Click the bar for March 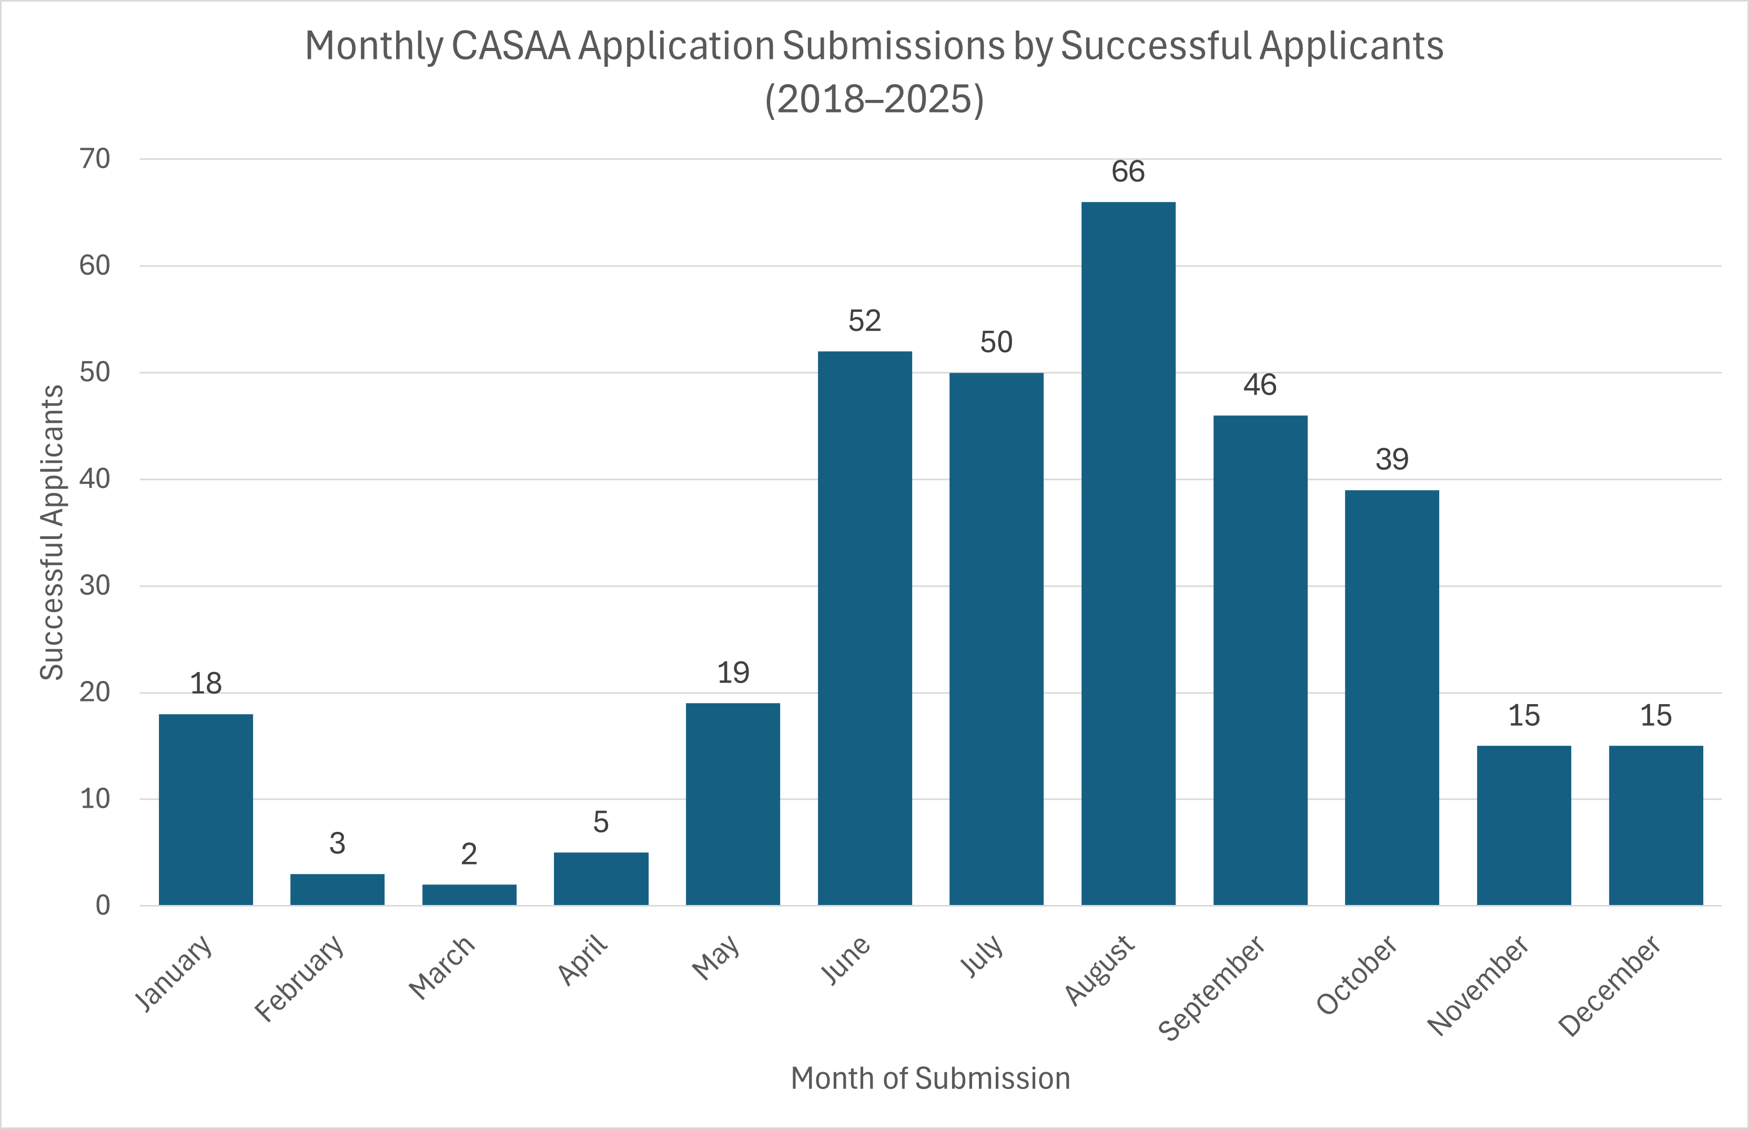coord(469,894)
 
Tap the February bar coord(337,889)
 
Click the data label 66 coord(1128,171)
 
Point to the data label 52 coord(865,321)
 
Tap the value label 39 coord(1392,460)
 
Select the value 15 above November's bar coord(1524,716)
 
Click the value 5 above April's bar coord(601,822)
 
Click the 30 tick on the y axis coord(95,585)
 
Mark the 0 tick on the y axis coord(103,906)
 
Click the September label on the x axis coord(1211,987)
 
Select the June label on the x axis coord(845,960)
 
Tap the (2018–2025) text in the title coord(874,99)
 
